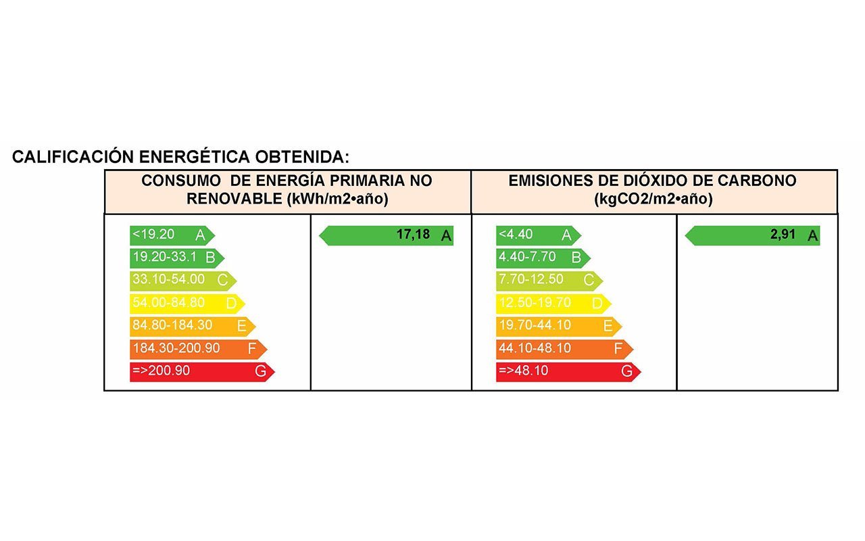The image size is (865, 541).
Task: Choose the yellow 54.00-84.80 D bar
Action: click(186, 304)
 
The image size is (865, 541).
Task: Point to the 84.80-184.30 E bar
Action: click(191, 326)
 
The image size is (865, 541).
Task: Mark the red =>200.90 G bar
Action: click(201, 372)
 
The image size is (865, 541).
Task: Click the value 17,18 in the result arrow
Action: click(413, 235)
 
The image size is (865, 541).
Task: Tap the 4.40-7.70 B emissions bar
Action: click(541, 258)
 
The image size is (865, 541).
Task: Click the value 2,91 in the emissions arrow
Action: click(783, 235)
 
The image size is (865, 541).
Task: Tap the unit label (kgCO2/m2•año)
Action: click(653, 199)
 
